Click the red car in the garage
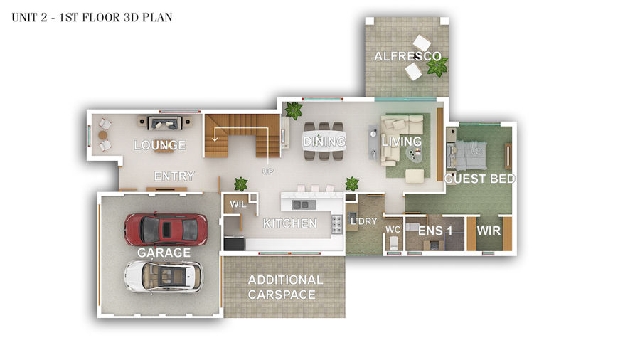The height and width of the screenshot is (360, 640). tap(166, 229)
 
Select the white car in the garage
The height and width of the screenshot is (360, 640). tap(164, 276)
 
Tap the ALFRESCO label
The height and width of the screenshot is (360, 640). tap(407, 56)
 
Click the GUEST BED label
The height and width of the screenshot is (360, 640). tap(479, 179)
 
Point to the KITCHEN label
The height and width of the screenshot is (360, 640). tap(290, 223)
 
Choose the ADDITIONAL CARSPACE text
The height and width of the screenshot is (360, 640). tap(285, 287)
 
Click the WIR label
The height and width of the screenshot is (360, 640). tap(489, 231)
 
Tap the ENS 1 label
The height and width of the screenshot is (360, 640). tap(435, 231)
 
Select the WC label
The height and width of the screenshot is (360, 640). tap(393, 229)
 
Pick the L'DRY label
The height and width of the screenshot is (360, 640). tap(363, 221)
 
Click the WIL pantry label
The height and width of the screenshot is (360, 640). tap(238, 204)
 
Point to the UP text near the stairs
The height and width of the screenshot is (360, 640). tap(268, 171)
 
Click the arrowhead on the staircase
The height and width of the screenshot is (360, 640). tap(215, 139)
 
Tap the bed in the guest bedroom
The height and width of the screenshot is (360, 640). tap(467, 155)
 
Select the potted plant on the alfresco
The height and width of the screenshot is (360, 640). tap(437, 66)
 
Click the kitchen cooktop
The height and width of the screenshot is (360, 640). tap(337, 225)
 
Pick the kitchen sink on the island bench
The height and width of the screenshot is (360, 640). tap(302, 204)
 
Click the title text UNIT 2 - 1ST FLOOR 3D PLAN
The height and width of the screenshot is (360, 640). tap(92, 18)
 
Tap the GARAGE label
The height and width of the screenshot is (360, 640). tap(164, 253)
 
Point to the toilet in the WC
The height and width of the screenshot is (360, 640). tap(393, 244)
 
